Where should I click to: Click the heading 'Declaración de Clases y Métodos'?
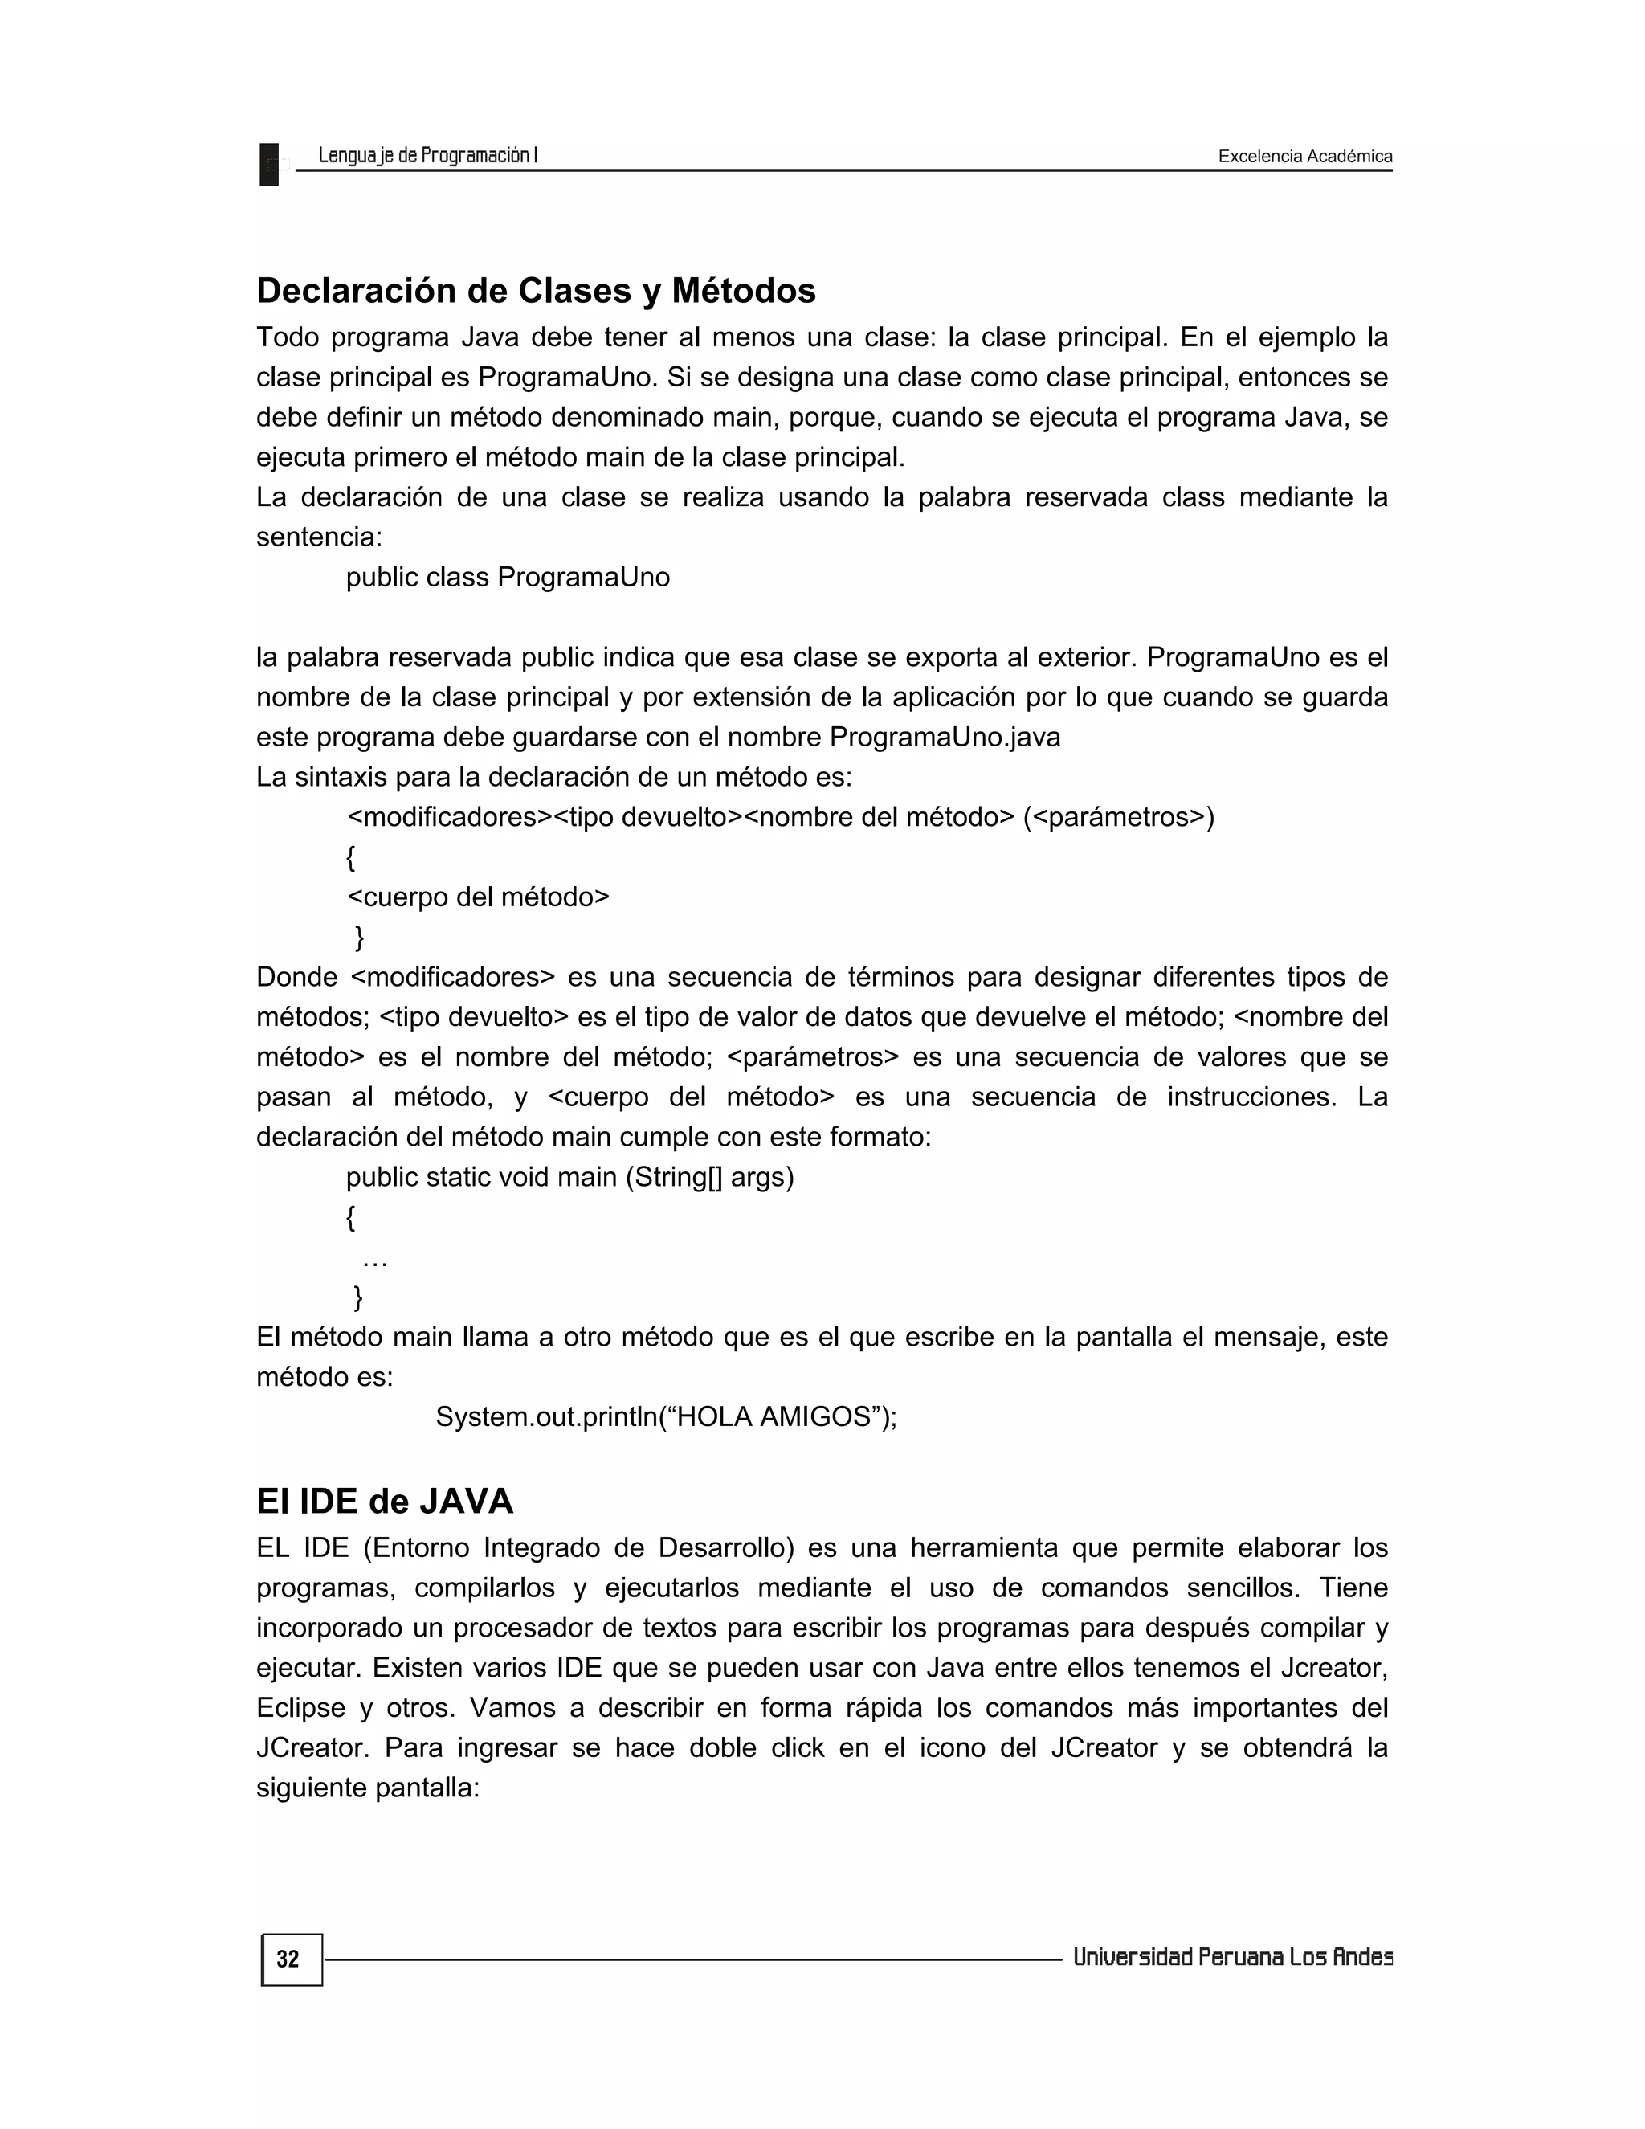[x=535, y=291]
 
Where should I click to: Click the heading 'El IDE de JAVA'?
[x=384, y=1500]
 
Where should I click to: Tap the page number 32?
[x=288, y=1959]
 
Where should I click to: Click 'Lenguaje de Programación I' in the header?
[x=428, y=155]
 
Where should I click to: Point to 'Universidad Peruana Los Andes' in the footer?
[x=1232, y=1956]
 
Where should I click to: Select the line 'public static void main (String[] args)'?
[x=569, y=1177]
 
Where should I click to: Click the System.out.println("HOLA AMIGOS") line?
[x=666, y=1416]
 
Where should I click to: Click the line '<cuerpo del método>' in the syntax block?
[x=478, y=897]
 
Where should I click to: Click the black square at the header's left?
[x=269, y=164]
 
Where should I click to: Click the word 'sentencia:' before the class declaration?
[x=319, y=537]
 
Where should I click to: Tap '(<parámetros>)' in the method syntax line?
[x=1118, y=817]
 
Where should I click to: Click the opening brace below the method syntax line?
[x=351, y=858]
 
